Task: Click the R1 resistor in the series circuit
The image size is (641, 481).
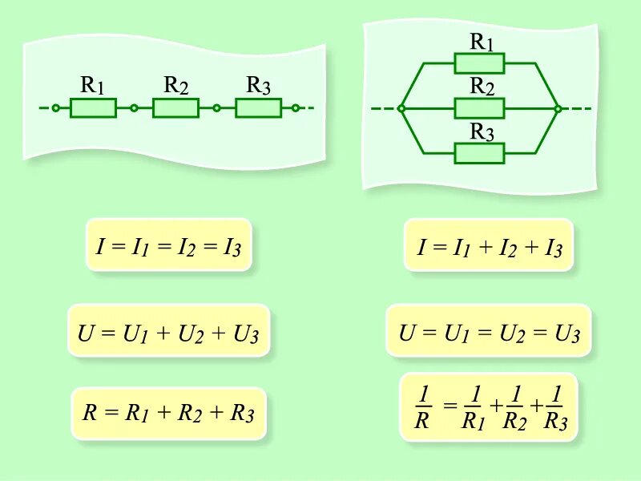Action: point(93,107)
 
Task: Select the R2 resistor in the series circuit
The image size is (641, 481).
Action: point(175,107)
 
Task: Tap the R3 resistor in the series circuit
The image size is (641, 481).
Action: point(258,107)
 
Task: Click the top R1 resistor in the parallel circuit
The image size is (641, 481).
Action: point(479,63)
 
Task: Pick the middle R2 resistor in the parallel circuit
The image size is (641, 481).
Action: point(479,107)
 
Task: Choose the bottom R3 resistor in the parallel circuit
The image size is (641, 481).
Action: point(479,152)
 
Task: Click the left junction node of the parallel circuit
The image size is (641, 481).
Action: point(401,107)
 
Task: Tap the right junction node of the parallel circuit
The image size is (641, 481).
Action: point(558,107)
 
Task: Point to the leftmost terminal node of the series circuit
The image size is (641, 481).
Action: point(55,107)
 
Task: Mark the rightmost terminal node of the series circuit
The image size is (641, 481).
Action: point(296,107)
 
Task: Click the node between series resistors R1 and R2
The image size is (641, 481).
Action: point(134,107)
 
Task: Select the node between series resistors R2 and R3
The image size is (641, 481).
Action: point(216,107)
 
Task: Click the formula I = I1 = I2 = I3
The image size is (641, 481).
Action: point(168,245)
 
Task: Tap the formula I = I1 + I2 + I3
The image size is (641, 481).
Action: point(490,246)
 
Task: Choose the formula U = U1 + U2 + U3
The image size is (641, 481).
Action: point(168,330)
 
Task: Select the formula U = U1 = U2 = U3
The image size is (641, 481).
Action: point(489,330)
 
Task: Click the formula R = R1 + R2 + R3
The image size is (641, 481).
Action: point(168,414)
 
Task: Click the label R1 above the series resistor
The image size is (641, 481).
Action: point(93,84)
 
